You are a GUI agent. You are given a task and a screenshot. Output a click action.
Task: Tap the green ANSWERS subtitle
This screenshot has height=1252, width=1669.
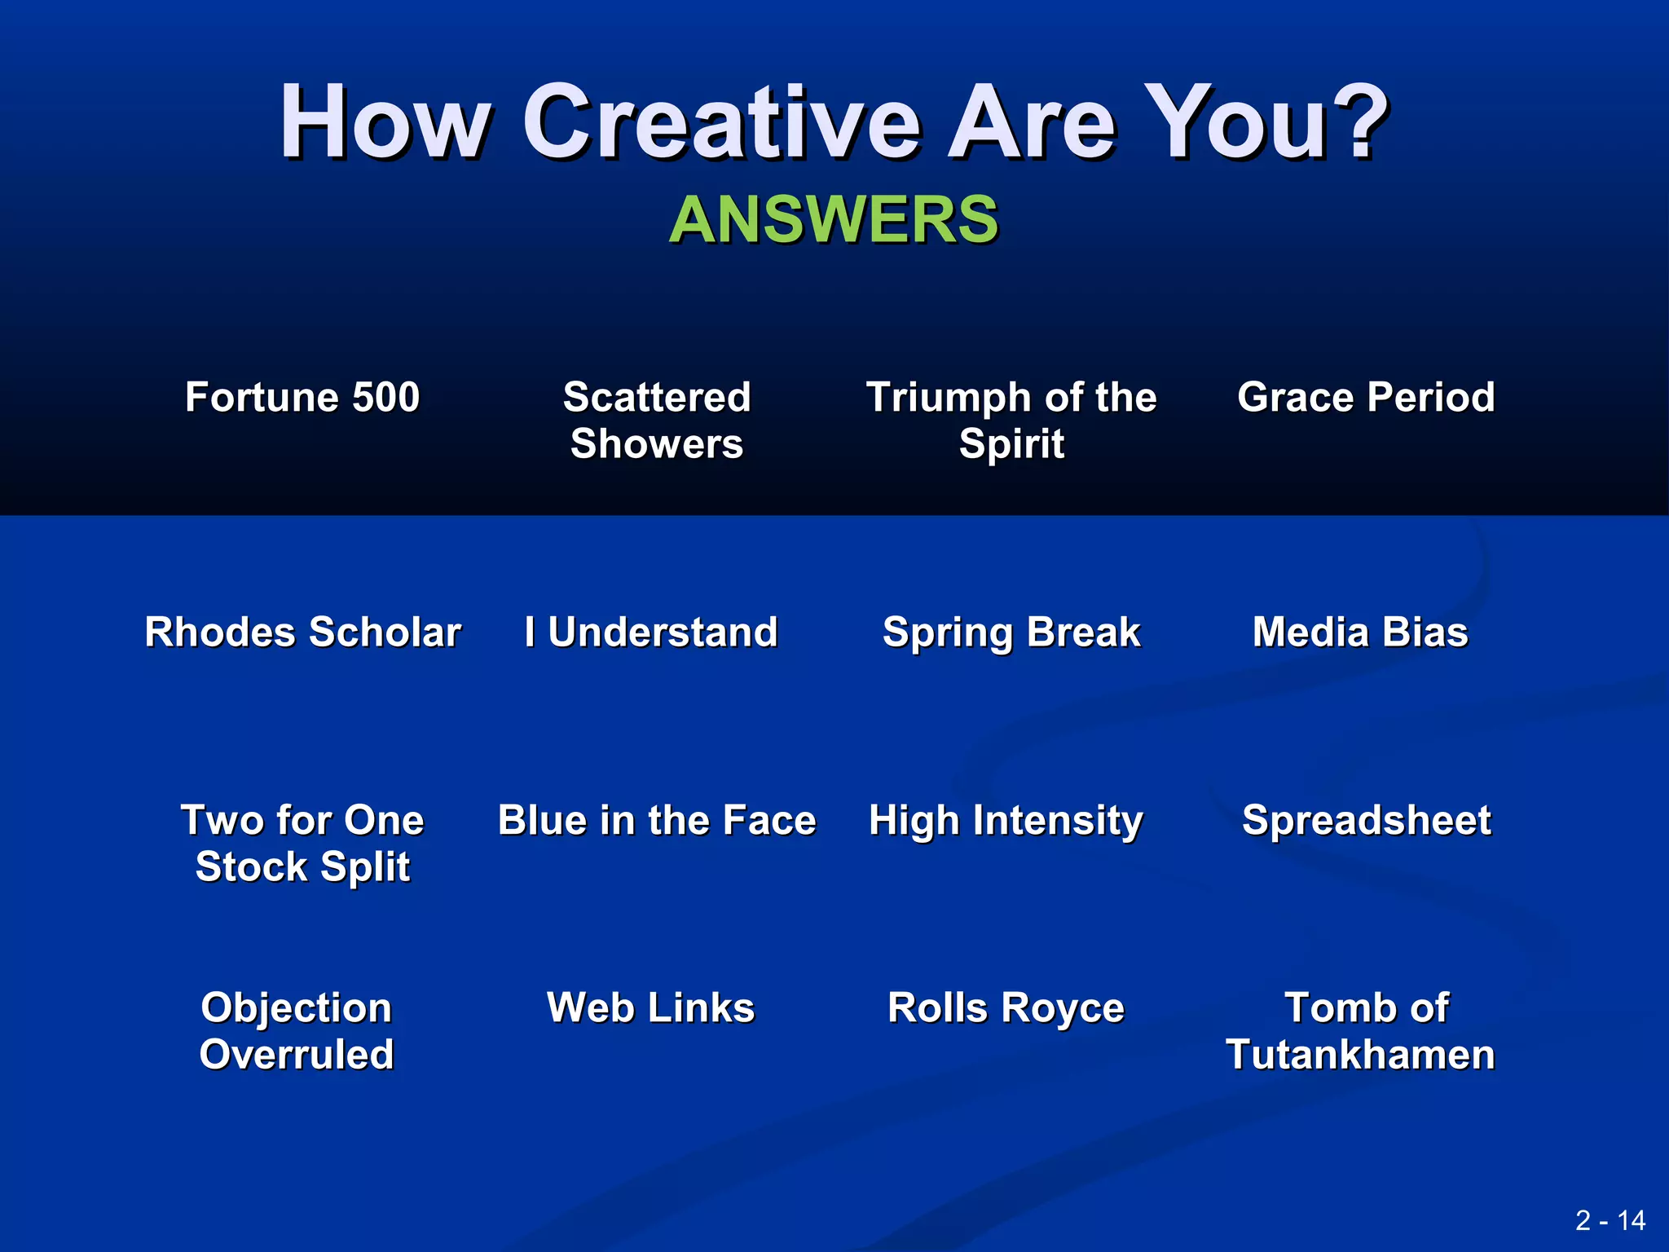833,219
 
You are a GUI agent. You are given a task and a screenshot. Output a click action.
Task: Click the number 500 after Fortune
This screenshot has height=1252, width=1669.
385,397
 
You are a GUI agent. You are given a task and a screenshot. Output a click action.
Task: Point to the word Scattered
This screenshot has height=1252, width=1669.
656,397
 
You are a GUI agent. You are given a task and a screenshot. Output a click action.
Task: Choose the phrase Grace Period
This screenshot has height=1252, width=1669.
1366,397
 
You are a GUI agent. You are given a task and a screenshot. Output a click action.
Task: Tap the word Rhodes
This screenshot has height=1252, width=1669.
219,632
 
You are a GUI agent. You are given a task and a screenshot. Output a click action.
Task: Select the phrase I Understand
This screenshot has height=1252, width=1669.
651,632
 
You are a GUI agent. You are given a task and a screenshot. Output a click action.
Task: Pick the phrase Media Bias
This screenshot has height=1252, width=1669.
1360,632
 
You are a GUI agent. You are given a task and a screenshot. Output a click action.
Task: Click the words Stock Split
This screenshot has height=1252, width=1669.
302,866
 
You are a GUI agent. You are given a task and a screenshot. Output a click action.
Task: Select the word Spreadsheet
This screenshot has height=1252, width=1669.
1366,820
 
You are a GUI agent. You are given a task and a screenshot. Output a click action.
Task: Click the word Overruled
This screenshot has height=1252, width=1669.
297,1054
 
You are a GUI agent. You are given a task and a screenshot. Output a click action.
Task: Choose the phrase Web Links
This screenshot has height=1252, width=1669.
650,1007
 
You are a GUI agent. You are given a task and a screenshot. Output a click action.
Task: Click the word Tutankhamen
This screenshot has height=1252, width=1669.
1360,1054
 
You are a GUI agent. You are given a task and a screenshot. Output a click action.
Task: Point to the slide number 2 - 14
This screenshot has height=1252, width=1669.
1610,1220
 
